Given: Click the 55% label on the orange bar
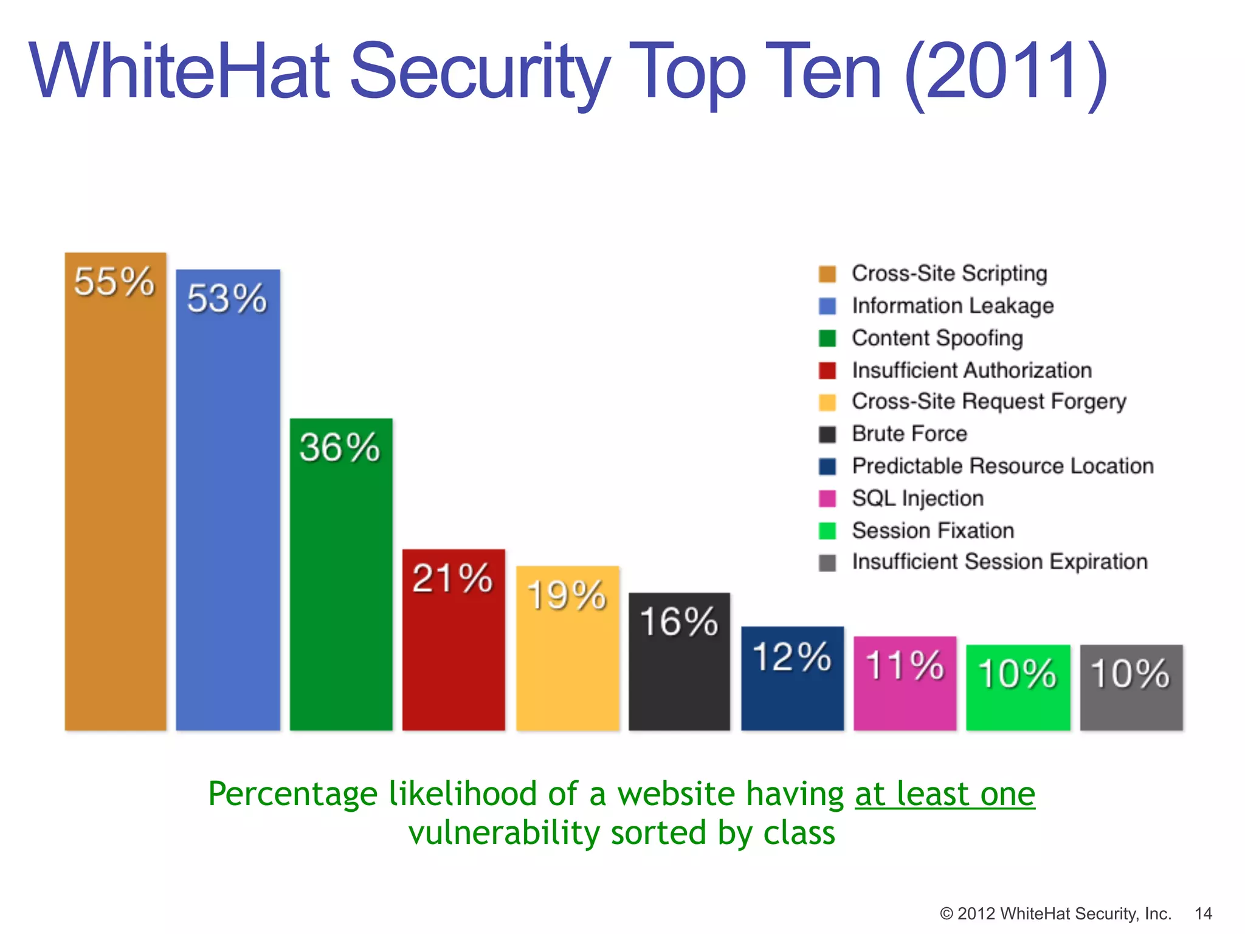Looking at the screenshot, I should point(114,282).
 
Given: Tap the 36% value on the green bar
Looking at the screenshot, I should point(340,448).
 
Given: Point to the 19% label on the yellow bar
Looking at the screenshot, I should point(567,595).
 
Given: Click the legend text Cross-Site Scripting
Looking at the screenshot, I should point(949,274).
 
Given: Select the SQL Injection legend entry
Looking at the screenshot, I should point(917,499).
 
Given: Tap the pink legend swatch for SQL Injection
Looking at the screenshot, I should point(827,499).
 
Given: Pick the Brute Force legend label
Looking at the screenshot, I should point(909,434).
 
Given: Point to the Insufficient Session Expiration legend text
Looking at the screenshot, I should point(999,562).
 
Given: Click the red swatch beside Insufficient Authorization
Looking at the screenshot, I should point(827,370).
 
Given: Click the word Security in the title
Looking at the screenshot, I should point(480,72).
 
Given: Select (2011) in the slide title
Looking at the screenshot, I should point(1006,72).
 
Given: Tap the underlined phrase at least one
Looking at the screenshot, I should point(945,794).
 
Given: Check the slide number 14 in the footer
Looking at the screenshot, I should point(1203,913).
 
